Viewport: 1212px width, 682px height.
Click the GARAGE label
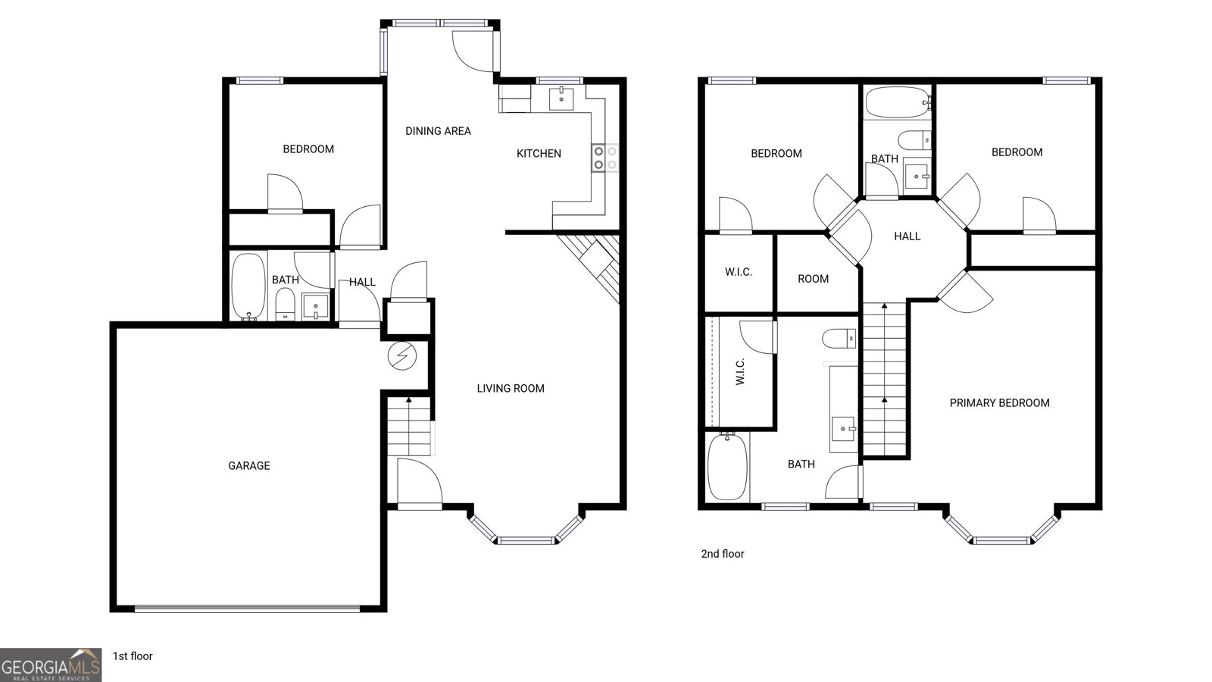tap(249, 465)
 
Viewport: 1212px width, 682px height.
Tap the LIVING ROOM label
tap(511, 388)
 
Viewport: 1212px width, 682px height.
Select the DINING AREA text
tap(438, 131)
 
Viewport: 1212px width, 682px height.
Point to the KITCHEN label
tap(539, 154)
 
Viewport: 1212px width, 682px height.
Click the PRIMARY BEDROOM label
tap(999, 402)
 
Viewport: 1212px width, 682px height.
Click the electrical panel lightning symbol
tap(402, 356)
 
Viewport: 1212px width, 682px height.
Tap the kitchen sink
tap(561, 99)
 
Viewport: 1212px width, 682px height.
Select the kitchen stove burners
tap(605, 158)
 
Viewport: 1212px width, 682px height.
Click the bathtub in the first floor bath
tap(248, 287)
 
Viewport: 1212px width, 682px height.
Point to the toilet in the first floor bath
tap(285, 304)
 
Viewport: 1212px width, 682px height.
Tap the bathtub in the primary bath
tap(728, 466)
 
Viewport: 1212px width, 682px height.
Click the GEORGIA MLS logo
tap(51, 665)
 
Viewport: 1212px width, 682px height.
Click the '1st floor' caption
tap(133, 656)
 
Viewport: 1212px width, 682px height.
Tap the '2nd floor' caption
tap(723, 554)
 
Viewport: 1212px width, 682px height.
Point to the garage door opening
tap(247, 608)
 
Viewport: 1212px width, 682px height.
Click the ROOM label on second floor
tap(814, 279)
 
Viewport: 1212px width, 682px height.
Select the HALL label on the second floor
tap(907, 236)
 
